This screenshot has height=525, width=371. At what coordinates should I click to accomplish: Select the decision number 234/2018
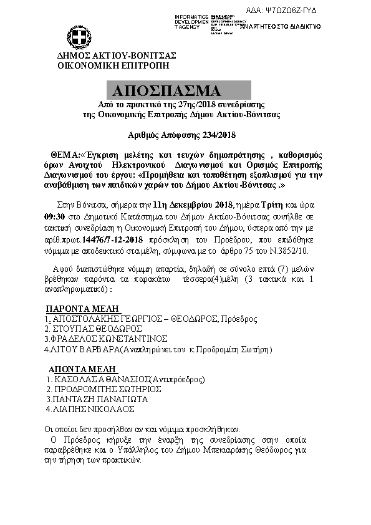216,134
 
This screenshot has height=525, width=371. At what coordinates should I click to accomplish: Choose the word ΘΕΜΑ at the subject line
65,154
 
